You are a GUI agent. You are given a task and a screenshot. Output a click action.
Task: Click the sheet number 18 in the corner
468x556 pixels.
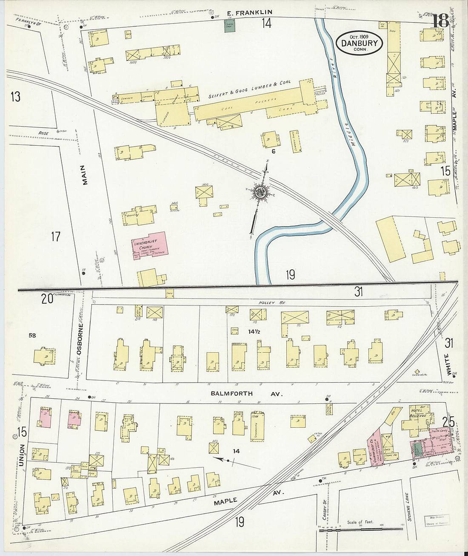pyautogui.click(x=440, y=20)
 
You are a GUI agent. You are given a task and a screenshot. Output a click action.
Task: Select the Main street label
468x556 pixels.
pyautogui.click(x=85, y=175)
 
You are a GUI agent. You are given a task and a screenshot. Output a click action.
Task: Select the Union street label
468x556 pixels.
pyautogui.click(x=22, y=455)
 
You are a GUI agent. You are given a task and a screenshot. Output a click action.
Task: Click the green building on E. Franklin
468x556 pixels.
pyautogui.click(x=230, y=25)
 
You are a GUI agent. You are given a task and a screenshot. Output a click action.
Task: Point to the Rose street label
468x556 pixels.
pyautogui.click(x=44, y=133)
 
